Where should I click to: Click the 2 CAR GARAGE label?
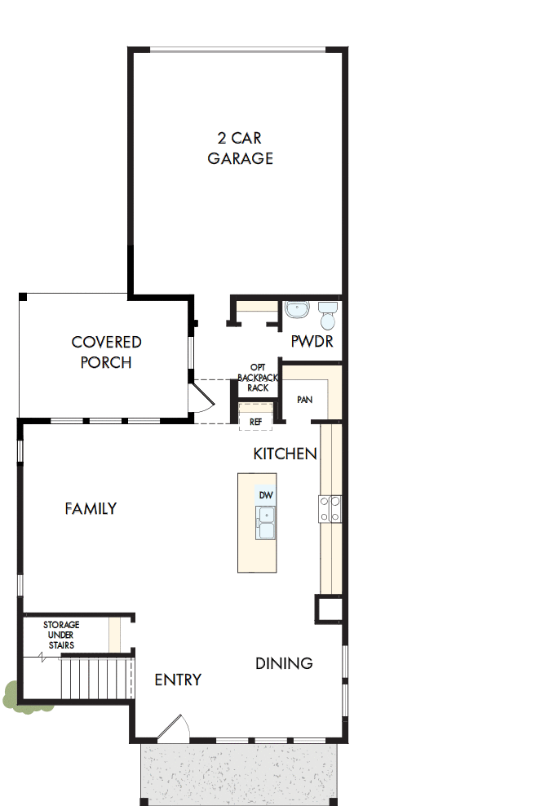pos(240,148)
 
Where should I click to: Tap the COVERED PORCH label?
pos(106,352)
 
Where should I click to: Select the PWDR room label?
pos(312,342)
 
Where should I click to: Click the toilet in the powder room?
pos(327,312)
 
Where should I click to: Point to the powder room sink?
pos(297,311)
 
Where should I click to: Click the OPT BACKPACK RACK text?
pos(258,378)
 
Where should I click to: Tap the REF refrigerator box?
pos(255,422)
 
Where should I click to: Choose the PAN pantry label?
pos(305,401)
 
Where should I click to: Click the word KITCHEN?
pos(285,454)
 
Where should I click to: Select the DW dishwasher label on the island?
pos(265,495)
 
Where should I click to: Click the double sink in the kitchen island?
pos(266,522)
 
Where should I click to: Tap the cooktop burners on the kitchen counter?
pos(330,510)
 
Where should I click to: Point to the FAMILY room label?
pos(91,509)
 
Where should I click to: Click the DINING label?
pos(284,663)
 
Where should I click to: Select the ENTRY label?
pos(178,680)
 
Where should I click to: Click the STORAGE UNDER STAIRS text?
pos(61,635)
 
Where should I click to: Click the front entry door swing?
pos(173,728)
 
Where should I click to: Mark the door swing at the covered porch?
pos(201,400)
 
